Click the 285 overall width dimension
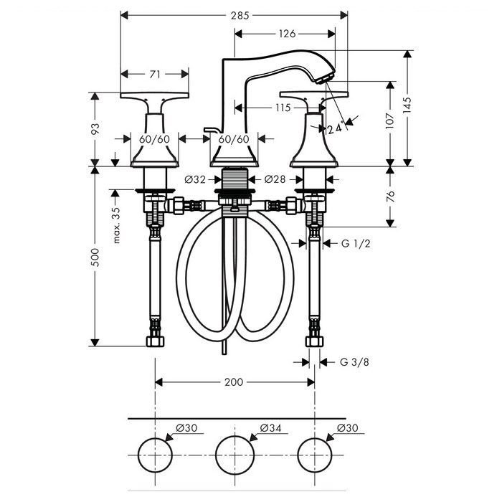[x=240, y=15]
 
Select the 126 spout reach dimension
[x=287, y=34]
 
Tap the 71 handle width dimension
[x=155, y=75]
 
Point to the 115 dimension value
[x=283, y=108]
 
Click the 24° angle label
[x=335, y=128]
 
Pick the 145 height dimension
[x=407, y=105]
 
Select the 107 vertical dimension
[x=390, y=120]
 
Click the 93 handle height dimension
[x=95, y=128]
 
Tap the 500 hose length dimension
[x=95, y=257]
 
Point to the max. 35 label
[x=116, y=225]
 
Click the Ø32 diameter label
[x=195, y=179]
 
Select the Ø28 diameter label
[x=275, y=179]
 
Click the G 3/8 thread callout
[x=354, y=362]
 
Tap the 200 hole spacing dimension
[x=234, y=382]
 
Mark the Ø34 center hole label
[x=270, y=427]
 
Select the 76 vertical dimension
[x=390, y=196]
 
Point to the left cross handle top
[x=155, y=95]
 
